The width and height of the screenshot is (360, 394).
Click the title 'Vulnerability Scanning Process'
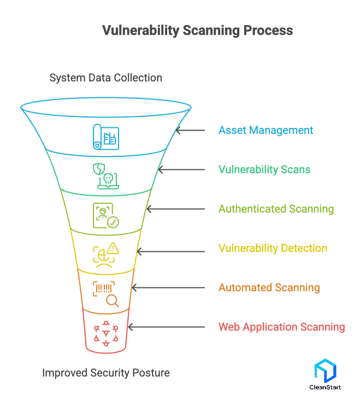click(x=197, y=30)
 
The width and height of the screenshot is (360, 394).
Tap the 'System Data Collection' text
click(x=105, y=78)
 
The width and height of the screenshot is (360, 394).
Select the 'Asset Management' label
click(x=265, y=130)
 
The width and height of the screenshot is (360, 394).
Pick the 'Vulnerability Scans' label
click(x=264, y=169)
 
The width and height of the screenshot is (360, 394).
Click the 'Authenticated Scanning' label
click(x=276, y=209)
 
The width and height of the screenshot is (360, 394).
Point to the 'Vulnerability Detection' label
click(x=273, y=248)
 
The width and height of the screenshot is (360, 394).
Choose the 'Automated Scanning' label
click(x=269, y=287)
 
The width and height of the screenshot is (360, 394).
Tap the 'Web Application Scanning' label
click(x=281, y=327)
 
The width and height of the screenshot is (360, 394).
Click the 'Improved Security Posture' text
click(x=106, y=373)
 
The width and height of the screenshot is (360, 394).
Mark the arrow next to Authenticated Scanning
click(x=175, y=209)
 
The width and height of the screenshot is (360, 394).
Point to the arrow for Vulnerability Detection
click(x=170, y=248)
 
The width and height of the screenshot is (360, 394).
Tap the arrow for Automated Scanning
click(x=168, y=287)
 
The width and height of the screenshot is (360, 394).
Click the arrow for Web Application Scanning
click(x=166, y=327)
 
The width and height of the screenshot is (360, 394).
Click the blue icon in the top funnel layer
click(x=105, y=137)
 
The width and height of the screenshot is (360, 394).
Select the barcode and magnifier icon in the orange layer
click(x=106, y=294)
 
